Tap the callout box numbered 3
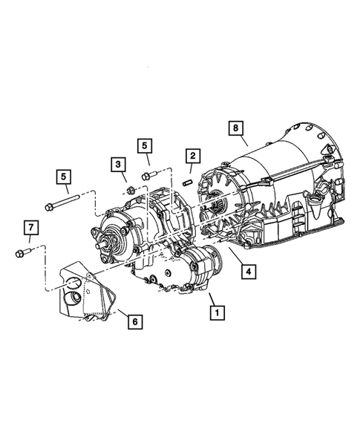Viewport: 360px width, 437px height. pyautogui.click(x=118, y=163)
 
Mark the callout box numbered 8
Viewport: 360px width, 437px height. pyautogui.click(x=235, y=128)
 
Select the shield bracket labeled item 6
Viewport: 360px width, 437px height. pyautogui.click(x=83, y=295)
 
